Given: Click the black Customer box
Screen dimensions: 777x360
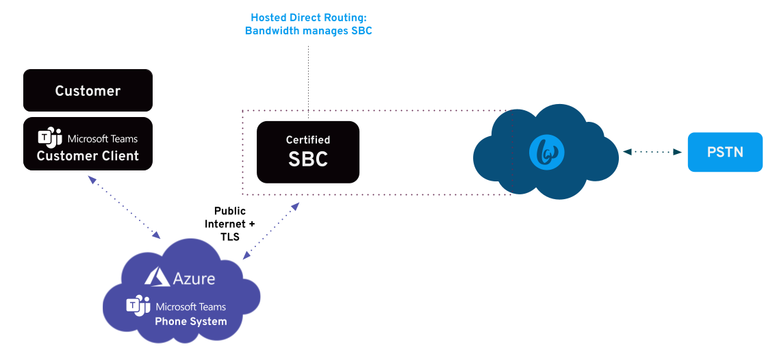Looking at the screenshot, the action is point(88,90).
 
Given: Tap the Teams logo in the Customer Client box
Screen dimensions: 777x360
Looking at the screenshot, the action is point(50,138).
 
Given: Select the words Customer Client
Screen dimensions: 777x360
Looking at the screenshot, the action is point(88,156).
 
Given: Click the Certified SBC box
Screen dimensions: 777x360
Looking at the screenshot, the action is point(308,152).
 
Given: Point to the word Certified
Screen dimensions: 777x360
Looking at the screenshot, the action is point(308,140).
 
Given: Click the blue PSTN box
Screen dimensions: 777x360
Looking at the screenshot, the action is point(725,152).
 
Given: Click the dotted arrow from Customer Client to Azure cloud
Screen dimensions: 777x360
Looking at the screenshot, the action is point(124,207).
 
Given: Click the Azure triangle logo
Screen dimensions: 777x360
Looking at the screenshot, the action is point(157,277).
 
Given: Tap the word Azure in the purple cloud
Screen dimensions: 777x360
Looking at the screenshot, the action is point(194,279).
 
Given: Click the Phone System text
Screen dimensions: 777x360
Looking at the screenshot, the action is point(191,322).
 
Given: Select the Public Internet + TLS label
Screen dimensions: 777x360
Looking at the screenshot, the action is point(230,224).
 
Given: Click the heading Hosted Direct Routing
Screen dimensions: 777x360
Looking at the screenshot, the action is point(309,18).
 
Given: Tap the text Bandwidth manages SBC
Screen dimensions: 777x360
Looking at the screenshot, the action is point(309,31).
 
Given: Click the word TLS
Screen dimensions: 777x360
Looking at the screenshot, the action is point(230,237).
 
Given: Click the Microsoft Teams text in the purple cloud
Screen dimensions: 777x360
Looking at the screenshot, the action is point(191,307).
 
